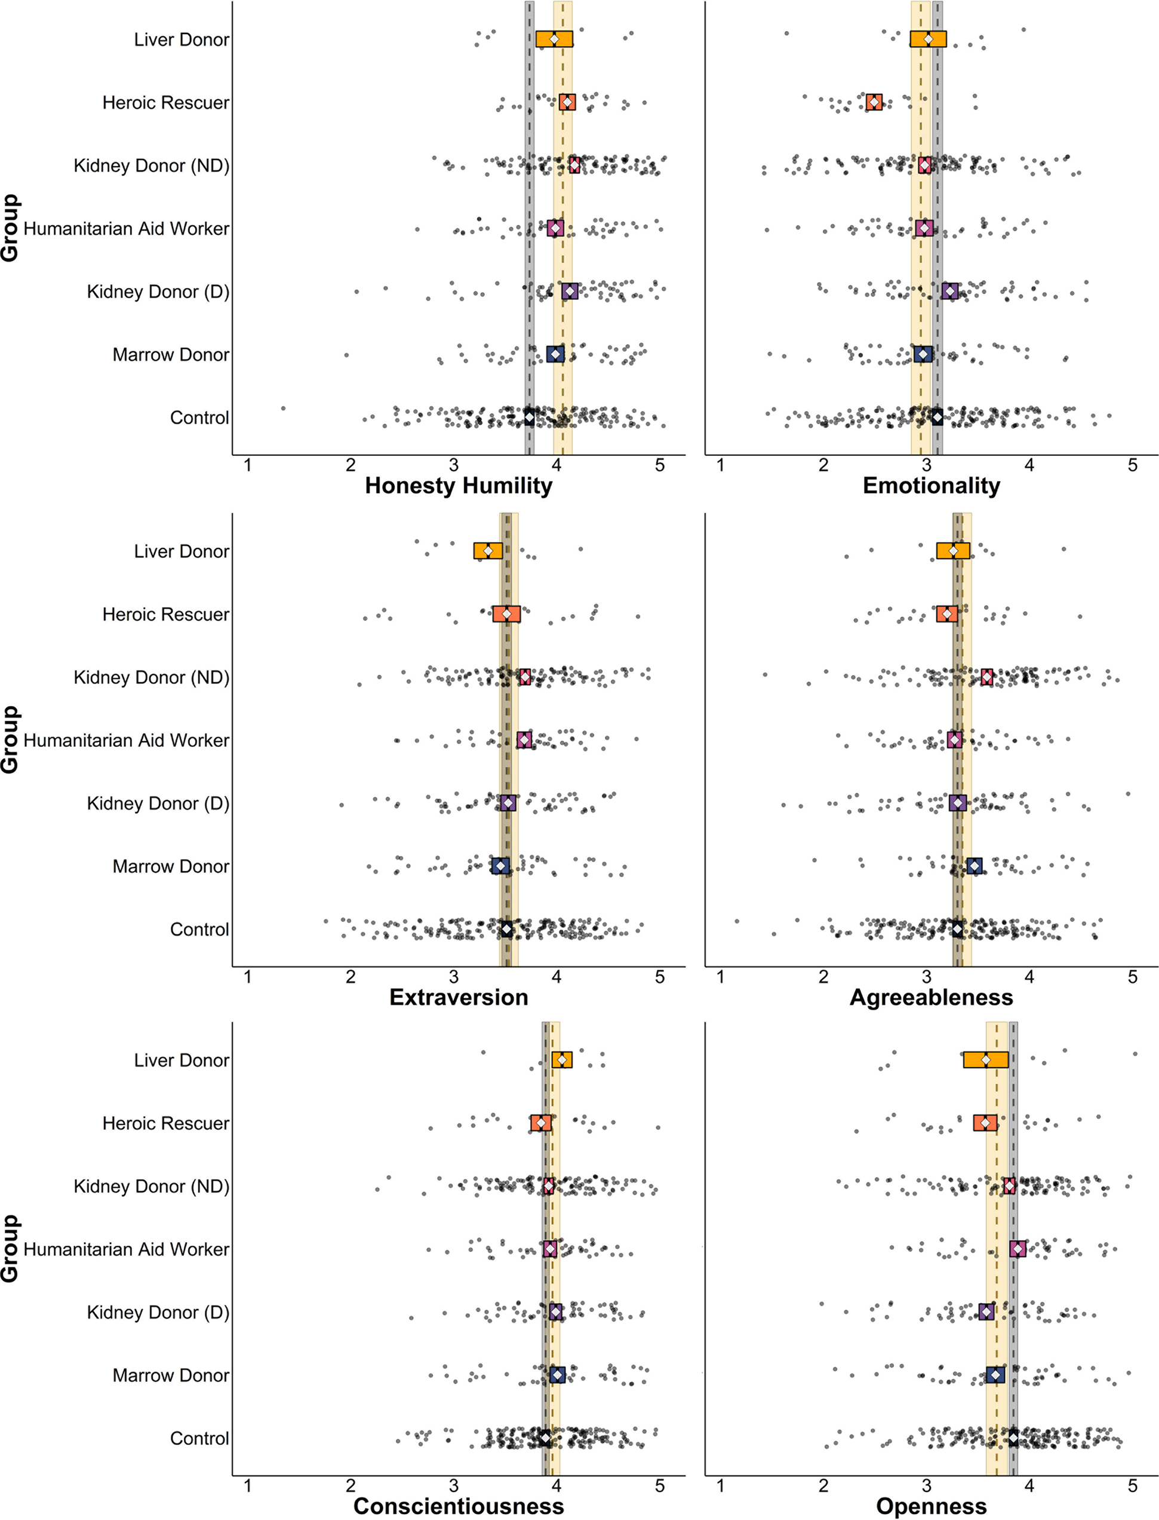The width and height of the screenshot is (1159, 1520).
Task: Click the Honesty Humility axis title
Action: (458, 485)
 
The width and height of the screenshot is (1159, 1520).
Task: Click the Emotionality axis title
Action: (931, 485)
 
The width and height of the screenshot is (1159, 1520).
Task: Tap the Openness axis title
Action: (931, 1506)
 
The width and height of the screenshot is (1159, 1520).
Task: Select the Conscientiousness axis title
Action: (458, 1506)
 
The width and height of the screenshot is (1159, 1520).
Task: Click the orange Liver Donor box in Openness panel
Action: (985, 1059)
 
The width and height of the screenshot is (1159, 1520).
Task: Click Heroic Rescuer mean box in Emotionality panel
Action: (874, 102)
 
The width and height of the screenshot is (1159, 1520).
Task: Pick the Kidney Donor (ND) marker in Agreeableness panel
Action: (986, 677)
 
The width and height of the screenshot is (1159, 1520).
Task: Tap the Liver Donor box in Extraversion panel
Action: (488, 551)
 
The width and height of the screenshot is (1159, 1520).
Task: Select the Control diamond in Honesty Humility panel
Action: (529, 418)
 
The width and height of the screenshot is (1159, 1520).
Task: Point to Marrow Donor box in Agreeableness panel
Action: (974, 866)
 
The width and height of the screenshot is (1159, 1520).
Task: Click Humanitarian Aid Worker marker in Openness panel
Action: (1017, 1249)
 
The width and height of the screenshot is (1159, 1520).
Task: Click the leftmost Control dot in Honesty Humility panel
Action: (283, 409)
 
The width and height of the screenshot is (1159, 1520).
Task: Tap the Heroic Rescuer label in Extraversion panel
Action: (165, 614)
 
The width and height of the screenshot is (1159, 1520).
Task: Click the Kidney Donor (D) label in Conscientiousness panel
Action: (158, 1312)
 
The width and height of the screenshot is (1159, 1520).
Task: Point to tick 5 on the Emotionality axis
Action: (1132, 465)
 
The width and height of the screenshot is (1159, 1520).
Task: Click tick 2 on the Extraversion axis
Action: (351, 977)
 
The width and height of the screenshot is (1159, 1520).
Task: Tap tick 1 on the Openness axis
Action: (720, 1485)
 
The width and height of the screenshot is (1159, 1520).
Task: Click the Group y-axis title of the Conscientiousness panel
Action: (10, 1248)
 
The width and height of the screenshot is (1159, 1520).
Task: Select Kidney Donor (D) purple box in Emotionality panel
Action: (950, 292)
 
